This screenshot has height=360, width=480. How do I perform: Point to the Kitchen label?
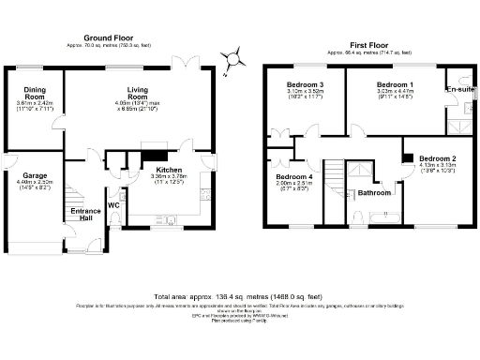pos(156,169)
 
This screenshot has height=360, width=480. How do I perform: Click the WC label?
pos(112,204)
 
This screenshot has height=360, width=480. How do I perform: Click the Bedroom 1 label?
pos(394,84)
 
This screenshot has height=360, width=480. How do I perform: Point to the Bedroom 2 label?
pos(437,158)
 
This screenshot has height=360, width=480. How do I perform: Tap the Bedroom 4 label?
pos(293,176)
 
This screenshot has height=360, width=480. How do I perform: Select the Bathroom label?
pos(375,193)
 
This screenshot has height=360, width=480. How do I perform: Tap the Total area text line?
pos(240,293)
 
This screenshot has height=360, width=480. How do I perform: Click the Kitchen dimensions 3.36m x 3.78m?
pos(156,176)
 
